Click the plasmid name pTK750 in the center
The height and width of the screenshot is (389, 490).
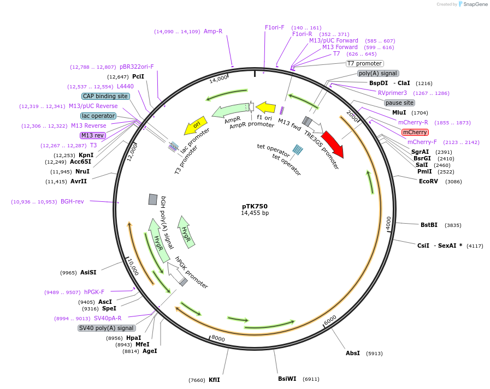(255, 206)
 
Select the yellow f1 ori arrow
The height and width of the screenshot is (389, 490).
(265, 107)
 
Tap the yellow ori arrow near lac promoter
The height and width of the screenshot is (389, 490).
(196, 125)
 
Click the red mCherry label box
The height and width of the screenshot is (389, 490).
(415, 132)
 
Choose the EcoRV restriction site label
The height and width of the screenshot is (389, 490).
(428, 181)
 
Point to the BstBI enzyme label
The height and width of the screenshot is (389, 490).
(429, 225)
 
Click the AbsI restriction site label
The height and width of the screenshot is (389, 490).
(353, 353)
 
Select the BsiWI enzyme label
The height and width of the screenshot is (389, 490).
(287, 379)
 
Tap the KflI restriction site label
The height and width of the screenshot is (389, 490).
(214, 380)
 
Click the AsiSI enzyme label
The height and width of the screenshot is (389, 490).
(88, 272)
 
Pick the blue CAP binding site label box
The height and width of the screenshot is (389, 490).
(105, 96)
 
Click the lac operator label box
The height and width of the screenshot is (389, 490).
(98, 116)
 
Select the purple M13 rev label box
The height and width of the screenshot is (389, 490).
(92, 135)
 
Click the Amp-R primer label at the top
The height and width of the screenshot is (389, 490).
(213, 31)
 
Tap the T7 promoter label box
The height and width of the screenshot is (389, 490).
(365, 63)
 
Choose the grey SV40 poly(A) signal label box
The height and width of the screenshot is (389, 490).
(107, 328)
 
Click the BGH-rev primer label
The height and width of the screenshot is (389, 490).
(72, 201)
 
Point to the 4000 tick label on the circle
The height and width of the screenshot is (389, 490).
(388, 223)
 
